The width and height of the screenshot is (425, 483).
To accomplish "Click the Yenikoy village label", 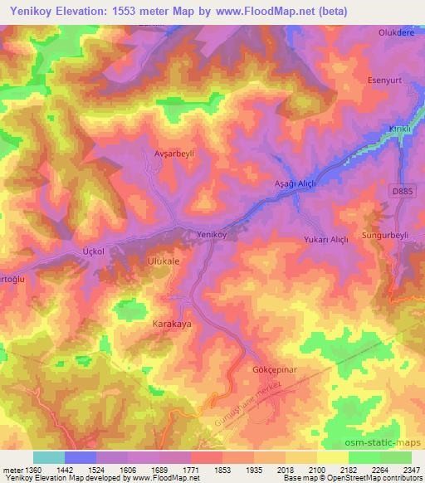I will point(211,235).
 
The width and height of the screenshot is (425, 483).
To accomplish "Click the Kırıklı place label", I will point(400,130).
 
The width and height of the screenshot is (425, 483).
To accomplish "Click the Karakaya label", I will point(172,324).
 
